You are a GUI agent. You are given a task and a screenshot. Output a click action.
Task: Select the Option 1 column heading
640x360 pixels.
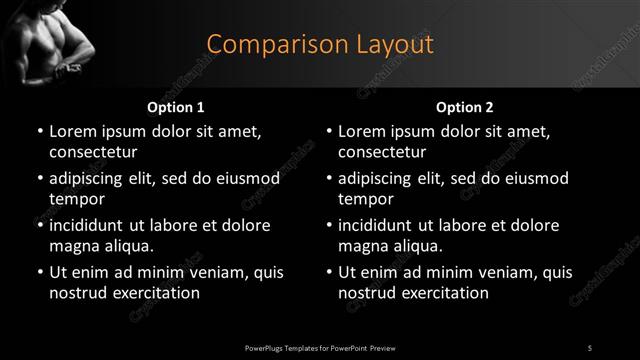(176, 106)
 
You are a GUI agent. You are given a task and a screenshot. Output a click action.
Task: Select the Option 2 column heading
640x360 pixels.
(464, 106)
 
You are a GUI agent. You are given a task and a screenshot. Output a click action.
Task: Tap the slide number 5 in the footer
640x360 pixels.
(590, 346)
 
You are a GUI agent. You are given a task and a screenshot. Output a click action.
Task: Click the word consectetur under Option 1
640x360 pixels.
(93, 152)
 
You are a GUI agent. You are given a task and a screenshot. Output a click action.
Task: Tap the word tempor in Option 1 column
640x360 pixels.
(75, 199)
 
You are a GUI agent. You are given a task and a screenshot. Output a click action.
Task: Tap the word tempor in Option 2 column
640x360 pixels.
(364, 199)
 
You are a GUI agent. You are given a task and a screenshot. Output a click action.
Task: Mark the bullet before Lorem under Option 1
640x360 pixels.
(40, 131)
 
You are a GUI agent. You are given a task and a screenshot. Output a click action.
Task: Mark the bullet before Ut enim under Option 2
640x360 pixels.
(329, 272)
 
